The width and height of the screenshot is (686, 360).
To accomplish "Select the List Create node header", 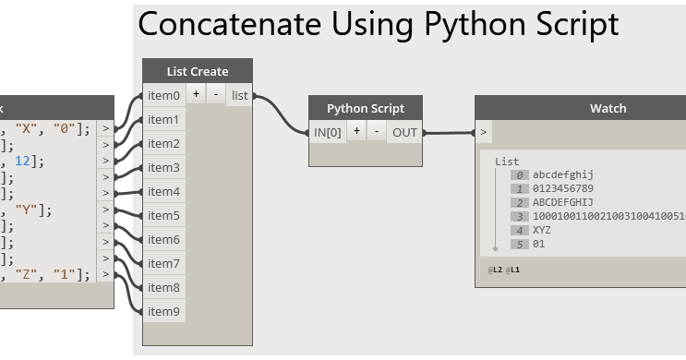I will pyautogui.click(x=197, y=71).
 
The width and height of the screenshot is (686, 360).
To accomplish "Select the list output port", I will pyautogui.click(x=239, y=95).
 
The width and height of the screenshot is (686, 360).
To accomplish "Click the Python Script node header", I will pyautogui.click(x=366, y=108).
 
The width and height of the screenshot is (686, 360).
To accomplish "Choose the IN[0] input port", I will pyautogui.click(x=328, y=132).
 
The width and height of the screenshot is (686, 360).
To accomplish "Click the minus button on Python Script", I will pyautogui.click(x=377, y=131).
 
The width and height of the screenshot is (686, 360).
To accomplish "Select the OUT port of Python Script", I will pyautogui.click(x=404, y=132).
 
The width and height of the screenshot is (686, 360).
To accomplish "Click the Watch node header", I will pyautogui.click(x=608, y=108).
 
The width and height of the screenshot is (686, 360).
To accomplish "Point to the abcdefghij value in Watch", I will pyautogui.click(x=562, y=174).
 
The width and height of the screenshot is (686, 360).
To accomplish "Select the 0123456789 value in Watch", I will pyautogui.click(x=562, y=188).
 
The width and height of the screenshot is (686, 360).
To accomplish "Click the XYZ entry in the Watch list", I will pyautogui.click(x=542, y=230).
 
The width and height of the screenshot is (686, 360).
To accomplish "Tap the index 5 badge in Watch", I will pyautogui.click(x=520, y=244).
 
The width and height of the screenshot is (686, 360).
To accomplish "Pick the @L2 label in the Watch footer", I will pyautogui.click(x=497, y=270).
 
